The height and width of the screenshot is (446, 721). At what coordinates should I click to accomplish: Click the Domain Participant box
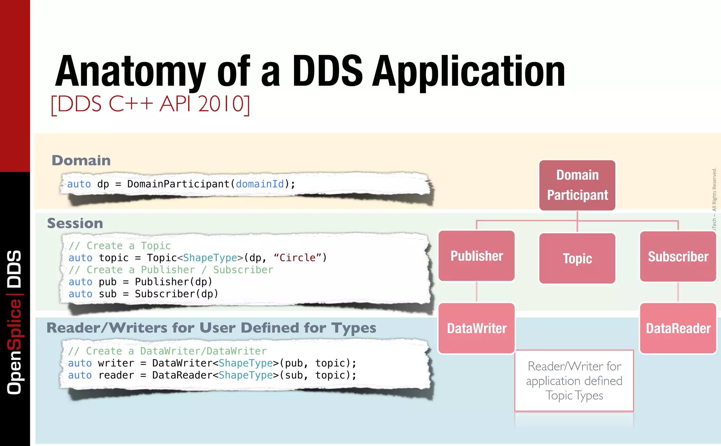click(577, 185)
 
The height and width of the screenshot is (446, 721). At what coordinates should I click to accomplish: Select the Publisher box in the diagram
click(477, 256)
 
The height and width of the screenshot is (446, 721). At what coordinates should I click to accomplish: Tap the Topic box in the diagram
click(577, 259)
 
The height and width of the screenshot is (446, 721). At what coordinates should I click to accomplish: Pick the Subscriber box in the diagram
click(678, 256)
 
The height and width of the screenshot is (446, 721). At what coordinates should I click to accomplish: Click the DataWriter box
click(477, 328)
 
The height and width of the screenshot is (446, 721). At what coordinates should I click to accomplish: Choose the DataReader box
click(678, 328)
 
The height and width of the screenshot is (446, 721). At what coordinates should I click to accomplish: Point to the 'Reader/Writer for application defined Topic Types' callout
click(574, 381)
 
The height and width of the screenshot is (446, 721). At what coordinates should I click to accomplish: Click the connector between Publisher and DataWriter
click(477, 292)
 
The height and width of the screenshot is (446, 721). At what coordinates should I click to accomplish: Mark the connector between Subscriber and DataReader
click(678, 292)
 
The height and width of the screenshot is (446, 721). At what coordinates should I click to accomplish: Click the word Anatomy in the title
click(130, 72)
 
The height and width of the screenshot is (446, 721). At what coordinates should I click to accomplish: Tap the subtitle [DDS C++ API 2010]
click(150, 104)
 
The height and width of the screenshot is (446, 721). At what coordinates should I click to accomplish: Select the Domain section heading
click(81, 161)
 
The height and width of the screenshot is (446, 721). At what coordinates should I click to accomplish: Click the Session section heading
click(75, 223)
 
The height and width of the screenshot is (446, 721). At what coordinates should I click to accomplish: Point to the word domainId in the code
click(260, 184)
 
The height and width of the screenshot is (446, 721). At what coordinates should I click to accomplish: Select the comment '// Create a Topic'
click(120, 246)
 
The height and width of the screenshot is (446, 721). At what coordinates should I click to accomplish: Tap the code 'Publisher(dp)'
click(174, 282)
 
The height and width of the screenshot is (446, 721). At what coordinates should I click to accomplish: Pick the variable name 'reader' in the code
click(116, 375)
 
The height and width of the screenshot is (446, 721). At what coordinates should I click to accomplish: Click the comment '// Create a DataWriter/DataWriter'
click(168, 351)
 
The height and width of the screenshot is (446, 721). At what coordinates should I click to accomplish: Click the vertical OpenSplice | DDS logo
click(15, 322)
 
